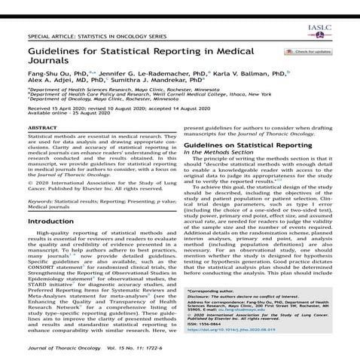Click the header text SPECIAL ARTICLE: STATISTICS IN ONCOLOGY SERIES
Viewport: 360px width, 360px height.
(99, 35)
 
